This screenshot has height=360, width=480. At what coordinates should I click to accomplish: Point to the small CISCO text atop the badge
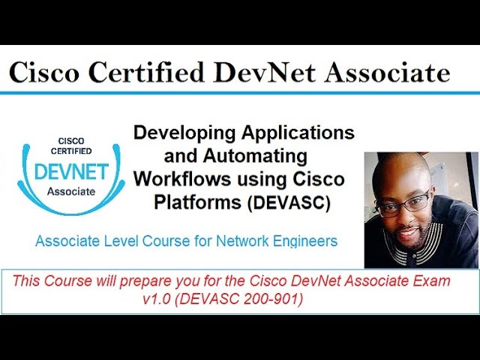[x=71, y=140]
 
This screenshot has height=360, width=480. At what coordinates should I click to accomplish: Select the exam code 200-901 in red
[x=277, y=298]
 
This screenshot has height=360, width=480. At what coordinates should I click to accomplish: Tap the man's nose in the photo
[x=409, y=214]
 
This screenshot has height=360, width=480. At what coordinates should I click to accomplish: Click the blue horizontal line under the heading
[x=240, y=93]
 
